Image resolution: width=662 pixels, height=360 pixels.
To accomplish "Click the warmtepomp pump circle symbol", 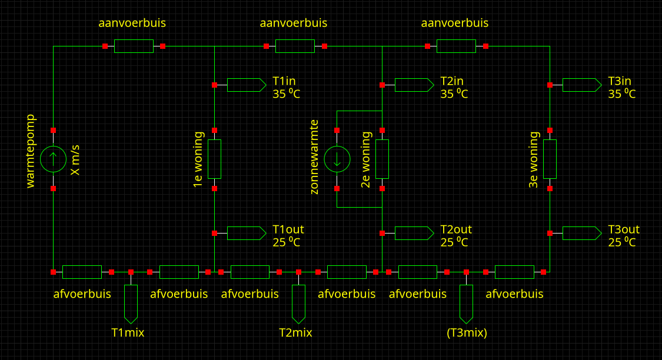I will (x=53, y=159).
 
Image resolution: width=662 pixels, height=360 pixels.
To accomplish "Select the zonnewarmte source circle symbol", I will (x=337, y=159).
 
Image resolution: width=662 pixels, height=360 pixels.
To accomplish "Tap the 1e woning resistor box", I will (x=214, y=159).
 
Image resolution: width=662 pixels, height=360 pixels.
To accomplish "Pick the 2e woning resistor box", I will (x=382, y=159).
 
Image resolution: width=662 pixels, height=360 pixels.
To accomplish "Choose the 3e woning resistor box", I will (x=550, y=159).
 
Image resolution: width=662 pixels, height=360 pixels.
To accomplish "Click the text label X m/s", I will (x=75, y=159).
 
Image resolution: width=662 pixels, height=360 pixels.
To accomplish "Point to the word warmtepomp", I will (x=31, y=151).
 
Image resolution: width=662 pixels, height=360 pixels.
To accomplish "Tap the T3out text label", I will (x=624, y=229).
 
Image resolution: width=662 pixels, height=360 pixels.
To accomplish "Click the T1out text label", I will (x=288, y=229).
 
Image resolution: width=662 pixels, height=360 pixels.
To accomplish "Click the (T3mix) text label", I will (x=467, y=333).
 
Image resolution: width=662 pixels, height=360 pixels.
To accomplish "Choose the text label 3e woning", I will (x=534, y=159).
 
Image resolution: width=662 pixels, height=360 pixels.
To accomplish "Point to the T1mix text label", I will (x=128, y=333).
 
